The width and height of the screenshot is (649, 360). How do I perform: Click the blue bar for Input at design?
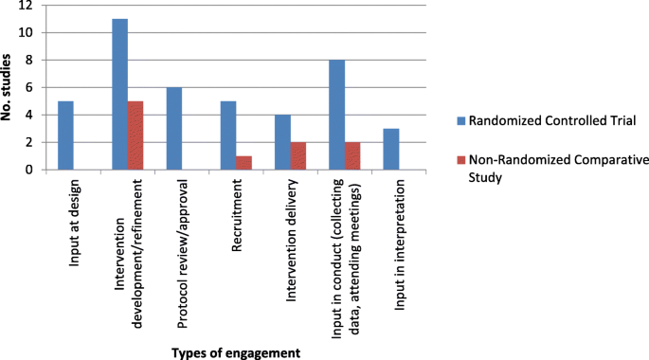pyautogui.click(x=65, y=135)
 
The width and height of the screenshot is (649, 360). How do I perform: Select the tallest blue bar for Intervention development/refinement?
pyautogui.click(x=119, y=94)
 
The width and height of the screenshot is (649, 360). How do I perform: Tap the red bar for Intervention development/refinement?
pyautogui.click(x=135, y=135)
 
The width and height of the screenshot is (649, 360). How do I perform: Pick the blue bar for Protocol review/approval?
pyautogui.click(x=173, y=129)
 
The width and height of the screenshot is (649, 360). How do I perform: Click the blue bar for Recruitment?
pyautogui.click(x=228, y=135)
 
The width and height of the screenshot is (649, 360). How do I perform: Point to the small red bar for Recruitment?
pyautogui.click(x=244, y=163)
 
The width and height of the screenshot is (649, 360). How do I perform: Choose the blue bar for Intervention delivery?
pyautogui.click(x=282, y=142)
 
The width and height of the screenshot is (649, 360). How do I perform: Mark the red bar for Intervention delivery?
pyautogui.click(x=298, y=156)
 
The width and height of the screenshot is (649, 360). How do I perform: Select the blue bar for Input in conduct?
pyautogui.click(x=336, y=115)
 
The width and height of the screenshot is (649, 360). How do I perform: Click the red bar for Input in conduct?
pyautogui.click(x=352, y=156)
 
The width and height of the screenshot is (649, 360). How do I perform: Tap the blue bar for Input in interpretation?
pyautogui.click(x=391, y=150)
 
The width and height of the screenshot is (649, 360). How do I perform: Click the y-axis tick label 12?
pyautogui.click(x=26, y=6)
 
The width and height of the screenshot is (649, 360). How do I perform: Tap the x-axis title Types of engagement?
pyautogui.click(x=236, y=351)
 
